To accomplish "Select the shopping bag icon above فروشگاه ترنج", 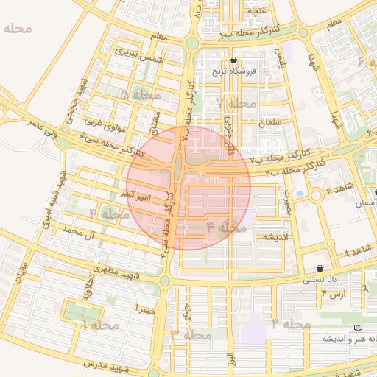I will [x=233, y=60].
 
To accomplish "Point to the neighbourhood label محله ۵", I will [x=140, y=95].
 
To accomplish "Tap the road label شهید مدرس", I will [x=105, y=366].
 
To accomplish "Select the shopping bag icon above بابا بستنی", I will [x=320, y=268].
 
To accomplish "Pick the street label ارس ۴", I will [x=333, y=295].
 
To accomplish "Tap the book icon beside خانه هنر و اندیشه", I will [x=359, y=327].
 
